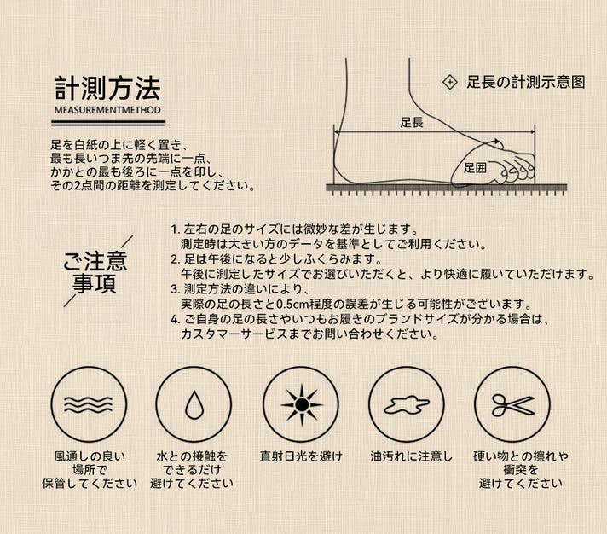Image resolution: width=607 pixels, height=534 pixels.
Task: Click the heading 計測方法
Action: (x=107, y=89)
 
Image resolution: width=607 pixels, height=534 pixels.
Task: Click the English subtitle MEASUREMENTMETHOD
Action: (x=107, y=110)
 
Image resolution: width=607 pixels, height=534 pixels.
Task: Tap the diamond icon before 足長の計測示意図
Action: (x=449, y=82)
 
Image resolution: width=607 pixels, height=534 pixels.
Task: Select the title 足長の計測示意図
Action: (x=526, y=82)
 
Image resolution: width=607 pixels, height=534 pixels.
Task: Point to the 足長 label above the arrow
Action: (x=412, y=123)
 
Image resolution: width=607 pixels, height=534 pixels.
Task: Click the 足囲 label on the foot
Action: (x=475, y=168)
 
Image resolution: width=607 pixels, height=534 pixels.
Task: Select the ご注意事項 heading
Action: (x=95, y=272)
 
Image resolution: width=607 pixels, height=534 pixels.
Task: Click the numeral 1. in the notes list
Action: (x=176, y=229)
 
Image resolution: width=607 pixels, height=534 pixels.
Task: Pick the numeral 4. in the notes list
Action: (x=176, y=320)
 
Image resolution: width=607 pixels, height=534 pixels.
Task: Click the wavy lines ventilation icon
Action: (x=89, y=404)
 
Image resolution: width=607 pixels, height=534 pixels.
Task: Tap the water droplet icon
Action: (x=194, y=405)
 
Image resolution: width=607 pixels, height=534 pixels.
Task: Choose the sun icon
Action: (x=301, y=405)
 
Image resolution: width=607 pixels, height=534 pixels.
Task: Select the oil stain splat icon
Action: (x=407, y=405)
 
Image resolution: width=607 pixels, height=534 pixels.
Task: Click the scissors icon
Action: (x=513, y=405)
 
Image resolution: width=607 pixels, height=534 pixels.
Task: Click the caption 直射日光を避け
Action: (x=301, y=456)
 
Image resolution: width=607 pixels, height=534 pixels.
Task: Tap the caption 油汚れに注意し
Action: (x=411, y=456)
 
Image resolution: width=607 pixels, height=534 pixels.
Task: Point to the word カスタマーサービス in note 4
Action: (x=234, y=334)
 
